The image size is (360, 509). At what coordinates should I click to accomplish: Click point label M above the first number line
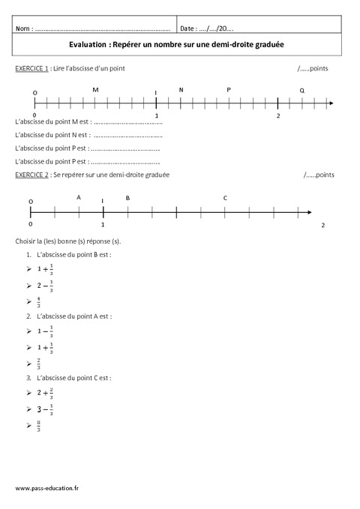point(95,90)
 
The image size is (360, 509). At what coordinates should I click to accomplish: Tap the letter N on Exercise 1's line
point(181,90)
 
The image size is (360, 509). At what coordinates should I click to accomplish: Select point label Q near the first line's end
point(301,90)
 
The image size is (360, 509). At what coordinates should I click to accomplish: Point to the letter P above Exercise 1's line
point(229,90)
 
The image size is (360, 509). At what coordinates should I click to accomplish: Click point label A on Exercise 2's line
point(79,197)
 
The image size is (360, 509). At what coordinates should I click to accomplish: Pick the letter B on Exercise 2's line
point(127,197)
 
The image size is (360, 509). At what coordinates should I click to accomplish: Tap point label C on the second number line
point(225,197)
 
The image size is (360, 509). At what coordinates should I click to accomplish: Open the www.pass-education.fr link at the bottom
point(49,488)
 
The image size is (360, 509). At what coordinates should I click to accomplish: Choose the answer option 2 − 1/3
point(46,286)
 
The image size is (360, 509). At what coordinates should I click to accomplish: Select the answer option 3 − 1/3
point(46,409)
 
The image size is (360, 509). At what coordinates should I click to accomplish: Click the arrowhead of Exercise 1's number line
point(331,102)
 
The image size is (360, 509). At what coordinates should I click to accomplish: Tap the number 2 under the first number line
point(278,116)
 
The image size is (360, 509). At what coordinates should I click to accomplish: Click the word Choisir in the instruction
point(26,241)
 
